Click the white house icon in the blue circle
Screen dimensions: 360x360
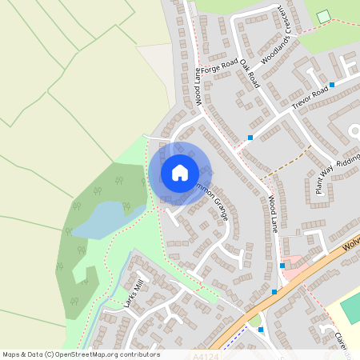[x=180, y=172]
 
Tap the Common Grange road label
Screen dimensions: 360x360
[x=210, y=195]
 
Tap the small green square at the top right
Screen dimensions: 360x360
[x=323, y=17]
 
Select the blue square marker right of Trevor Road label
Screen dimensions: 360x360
[x=331, y=84]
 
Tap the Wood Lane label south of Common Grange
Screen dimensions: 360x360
[x=273, y=214]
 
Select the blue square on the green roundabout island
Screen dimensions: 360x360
[x=260, y=329]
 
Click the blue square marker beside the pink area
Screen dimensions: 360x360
[x=282, y=266]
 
